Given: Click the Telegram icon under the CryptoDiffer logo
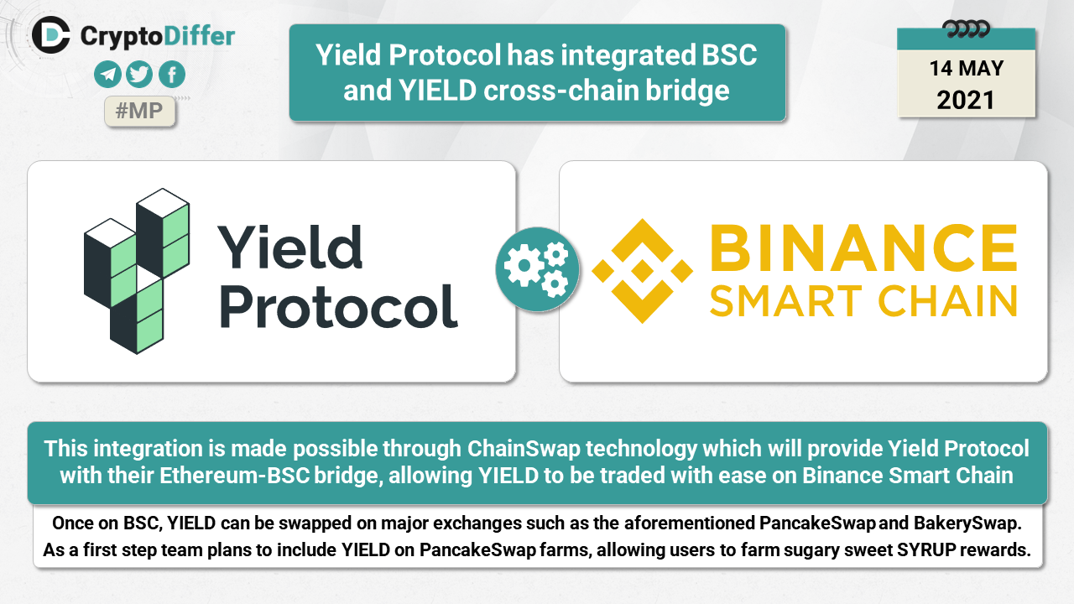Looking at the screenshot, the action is (107, 75).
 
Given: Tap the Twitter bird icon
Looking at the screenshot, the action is (139, 75).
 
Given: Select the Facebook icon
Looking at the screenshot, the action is (172, 75).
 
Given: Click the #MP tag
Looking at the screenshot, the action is (139, 112).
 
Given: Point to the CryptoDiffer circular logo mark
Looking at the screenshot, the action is (51, 35).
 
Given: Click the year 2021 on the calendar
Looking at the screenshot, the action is (966, 100).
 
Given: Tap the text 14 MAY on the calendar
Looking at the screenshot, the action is (966, 68).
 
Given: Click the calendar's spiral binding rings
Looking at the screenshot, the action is (966, 29).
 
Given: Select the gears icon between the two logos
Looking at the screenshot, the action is (538, 269).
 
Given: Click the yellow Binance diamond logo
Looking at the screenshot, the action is (643, 271).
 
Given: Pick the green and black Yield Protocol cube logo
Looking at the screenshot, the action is (137, 271).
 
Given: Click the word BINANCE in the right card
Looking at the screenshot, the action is (863, 247).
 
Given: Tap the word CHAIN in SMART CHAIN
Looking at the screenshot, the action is (947, 301).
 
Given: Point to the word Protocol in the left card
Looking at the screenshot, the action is (339, 306).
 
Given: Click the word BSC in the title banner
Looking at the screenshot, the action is (729, 55).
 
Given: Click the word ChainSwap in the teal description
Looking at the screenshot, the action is (524, 449).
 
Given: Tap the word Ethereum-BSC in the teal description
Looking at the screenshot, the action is (234, 476).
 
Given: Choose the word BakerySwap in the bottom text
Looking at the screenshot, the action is (967, 523).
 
